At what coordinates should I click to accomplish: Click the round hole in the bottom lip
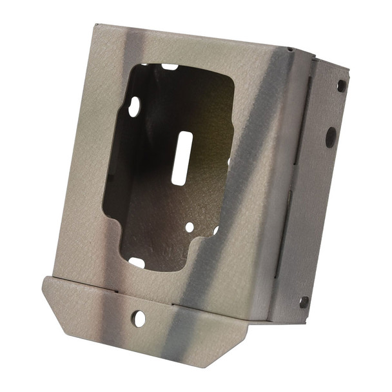[139, 318]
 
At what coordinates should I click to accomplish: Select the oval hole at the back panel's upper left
[133, 107]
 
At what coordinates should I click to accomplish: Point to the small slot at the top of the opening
[170, 66]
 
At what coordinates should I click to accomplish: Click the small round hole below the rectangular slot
[189, 227]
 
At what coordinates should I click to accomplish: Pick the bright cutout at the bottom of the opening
[137, 262]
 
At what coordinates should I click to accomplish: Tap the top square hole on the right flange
[341, 84]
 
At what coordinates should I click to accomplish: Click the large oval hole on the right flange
[330, 137]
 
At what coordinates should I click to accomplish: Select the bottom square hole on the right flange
[304, 301]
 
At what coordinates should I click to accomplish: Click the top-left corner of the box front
[95, 26]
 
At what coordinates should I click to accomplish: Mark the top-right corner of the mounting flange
[349, 70]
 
